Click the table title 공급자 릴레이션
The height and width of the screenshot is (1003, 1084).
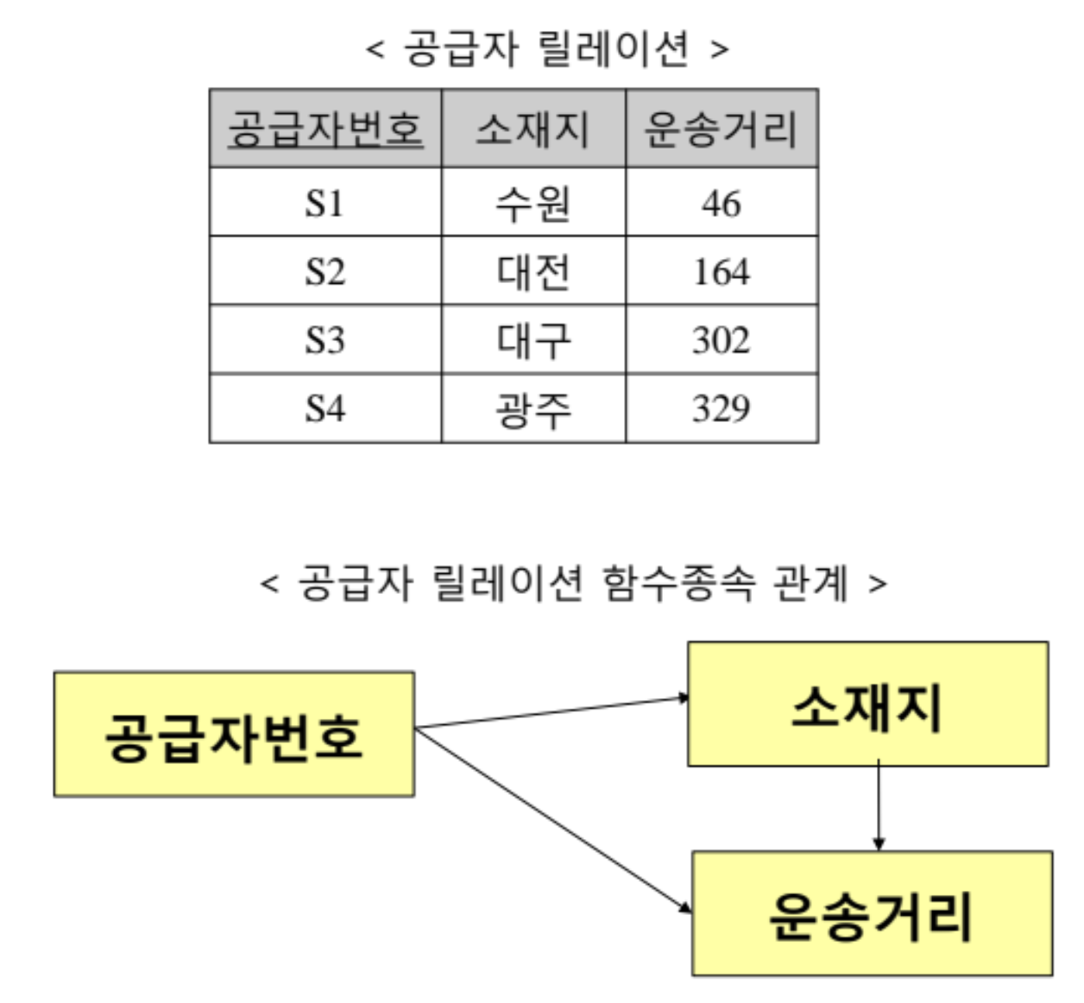click(547, 48)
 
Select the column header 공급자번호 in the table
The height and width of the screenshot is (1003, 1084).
click(325, 129)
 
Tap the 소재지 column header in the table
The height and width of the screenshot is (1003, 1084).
click(533, 129)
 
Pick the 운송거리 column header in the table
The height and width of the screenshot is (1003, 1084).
click(722, 129)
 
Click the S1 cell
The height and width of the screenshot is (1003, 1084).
click(325, 204)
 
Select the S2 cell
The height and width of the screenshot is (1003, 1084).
click(325, 272)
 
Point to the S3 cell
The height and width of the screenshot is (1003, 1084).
click(325, 340)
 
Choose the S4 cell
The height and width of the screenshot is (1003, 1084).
click(325, 408)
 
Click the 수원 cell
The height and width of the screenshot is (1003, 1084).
click(533, 204)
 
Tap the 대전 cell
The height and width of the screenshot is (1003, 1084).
click(533, 272)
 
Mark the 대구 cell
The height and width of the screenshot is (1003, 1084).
click(533, 340)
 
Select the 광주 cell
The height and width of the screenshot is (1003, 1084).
click(533, 408)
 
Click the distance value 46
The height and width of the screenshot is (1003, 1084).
click(722, 204)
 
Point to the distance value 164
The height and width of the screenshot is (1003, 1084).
click(722, 272)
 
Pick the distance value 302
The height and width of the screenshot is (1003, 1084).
click(722, 340)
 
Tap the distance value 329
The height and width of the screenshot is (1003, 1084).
click(722, 408)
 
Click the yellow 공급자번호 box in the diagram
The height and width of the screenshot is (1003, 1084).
click(234, 735)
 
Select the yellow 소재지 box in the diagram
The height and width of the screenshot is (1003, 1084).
click(867, 704)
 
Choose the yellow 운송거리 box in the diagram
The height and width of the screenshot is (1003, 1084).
click(872, 914)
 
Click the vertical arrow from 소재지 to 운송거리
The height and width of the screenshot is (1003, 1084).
click(879, 807)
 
